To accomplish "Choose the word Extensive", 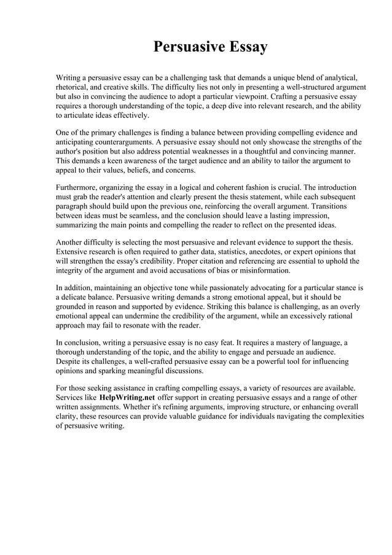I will [73, 252].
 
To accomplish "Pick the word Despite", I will [69, 361].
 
